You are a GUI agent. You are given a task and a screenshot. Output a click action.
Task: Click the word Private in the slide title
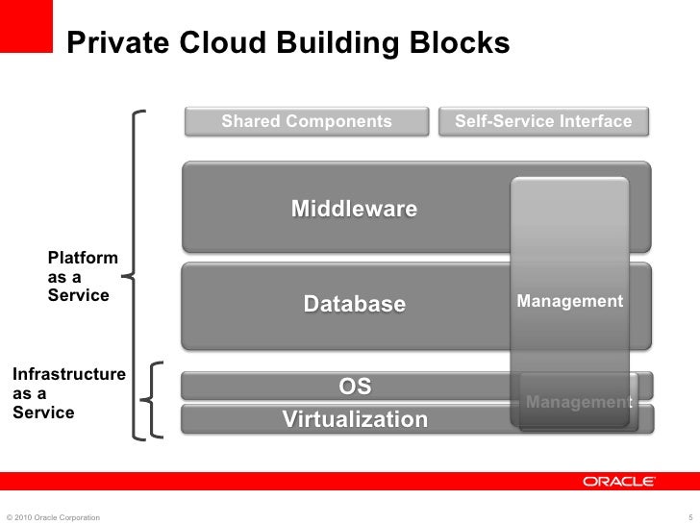tap(112, 43)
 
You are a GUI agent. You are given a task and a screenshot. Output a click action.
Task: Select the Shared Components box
tap(307, 121)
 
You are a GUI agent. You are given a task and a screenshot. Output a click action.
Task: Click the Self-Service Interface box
tap(543, 121)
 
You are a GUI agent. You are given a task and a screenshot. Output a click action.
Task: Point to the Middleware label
tap(354, 209)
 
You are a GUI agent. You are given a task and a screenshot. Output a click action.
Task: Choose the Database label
tap(355, 304)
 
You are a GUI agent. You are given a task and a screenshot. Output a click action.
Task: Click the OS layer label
tap(355, 387)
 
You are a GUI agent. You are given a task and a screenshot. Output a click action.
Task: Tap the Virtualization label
tap(355, 419)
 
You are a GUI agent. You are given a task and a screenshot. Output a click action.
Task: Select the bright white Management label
tap(569, 302)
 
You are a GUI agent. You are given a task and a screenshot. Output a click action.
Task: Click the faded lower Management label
tap(578, 402)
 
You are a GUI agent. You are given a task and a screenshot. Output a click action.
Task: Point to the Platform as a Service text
tap(83, 277)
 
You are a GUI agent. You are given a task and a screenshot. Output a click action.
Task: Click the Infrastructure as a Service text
tap(67, 392)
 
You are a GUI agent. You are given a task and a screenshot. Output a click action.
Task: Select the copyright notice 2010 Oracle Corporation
tap(52, 517)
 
